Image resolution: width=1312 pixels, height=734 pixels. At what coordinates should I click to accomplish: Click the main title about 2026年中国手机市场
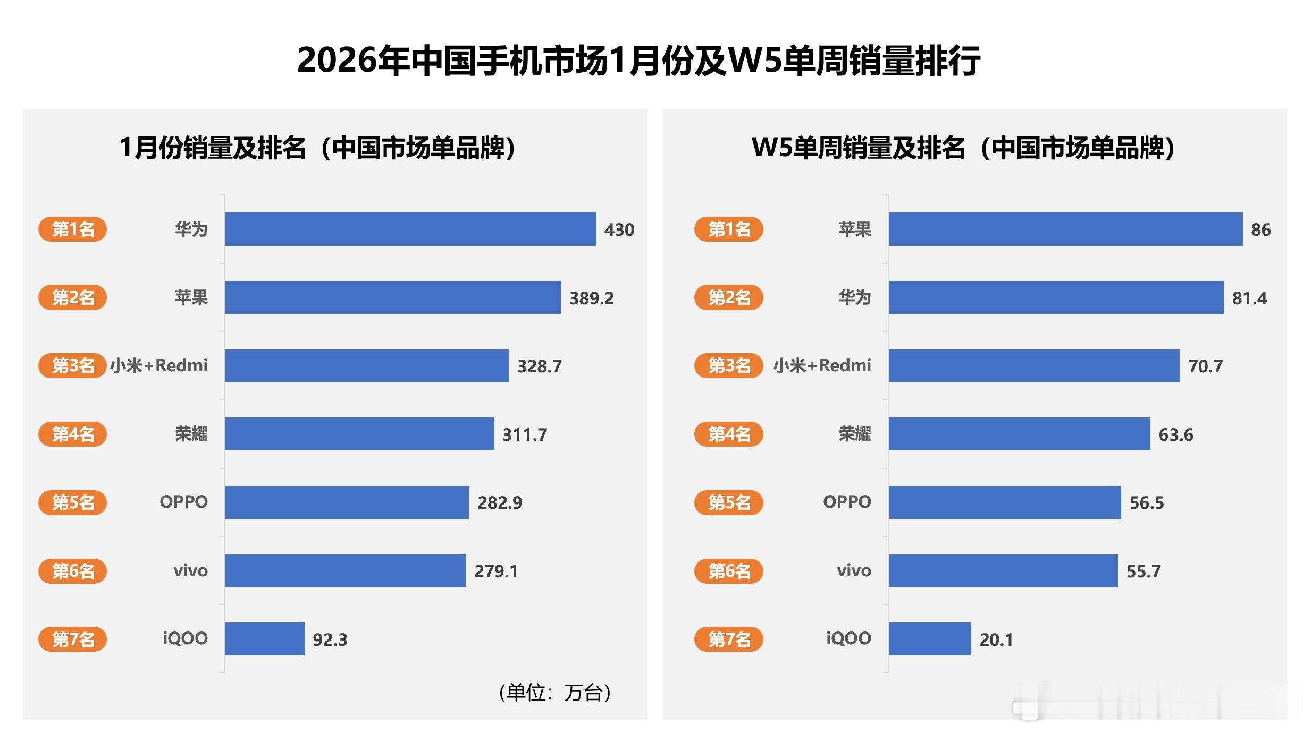tap(638, 60)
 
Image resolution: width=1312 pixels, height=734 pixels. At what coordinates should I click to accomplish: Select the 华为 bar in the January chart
tap(410, 229)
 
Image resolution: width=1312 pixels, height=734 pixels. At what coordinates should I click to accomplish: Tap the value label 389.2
tap(591, 298)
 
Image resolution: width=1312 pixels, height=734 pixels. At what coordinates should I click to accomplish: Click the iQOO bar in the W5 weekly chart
tap(929, 639)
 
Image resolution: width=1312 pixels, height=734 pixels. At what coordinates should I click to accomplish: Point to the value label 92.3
tap(330, 639)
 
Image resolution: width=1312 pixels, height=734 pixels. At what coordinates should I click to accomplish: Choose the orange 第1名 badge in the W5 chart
tap(728, 229)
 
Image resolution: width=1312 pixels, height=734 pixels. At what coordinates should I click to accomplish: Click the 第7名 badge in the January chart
tap(72, 639)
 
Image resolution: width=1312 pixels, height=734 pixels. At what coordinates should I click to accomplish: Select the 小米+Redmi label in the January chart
tap(158, 365)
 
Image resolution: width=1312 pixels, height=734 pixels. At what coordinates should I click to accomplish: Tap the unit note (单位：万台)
tap(555, 693)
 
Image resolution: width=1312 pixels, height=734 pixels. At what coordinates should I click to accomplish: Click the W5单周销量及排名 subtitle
tap(963, 148)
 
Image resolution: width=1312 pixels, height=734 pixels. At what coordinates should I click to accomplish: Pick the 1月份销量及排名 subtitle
tap(317, 148)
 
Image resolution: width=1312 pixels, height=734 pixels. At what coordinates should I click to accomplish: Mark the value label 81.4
tap(1249, 298)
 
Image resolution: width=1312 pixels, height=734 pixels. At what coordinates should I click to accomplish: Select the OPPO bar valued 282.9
tap(347, 502)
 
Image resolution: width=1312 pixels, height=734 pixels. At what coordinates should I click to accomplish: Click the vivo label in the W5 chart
tap(853, 571)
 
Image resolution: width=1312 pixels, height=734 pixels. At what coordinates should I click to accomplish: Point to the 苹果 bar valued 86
tap(1065, 229)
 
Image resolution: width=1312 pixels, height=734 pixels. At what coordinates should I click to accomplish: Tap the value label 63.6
tap(1175, 434)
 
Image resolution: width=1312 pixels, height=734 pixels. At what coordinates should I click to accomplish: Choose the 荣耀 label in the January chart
tap(191, 434)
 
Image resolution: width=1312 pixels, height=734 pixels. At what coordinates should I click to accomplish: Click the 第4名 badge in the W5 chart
tap(728, 434)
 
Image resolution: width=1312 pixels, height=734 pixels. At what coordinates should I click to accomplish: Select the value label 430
tap(619, 229)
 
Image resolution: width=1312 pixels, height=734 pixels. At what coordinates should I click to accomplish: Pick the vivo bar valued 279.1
tap(345, 571)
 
